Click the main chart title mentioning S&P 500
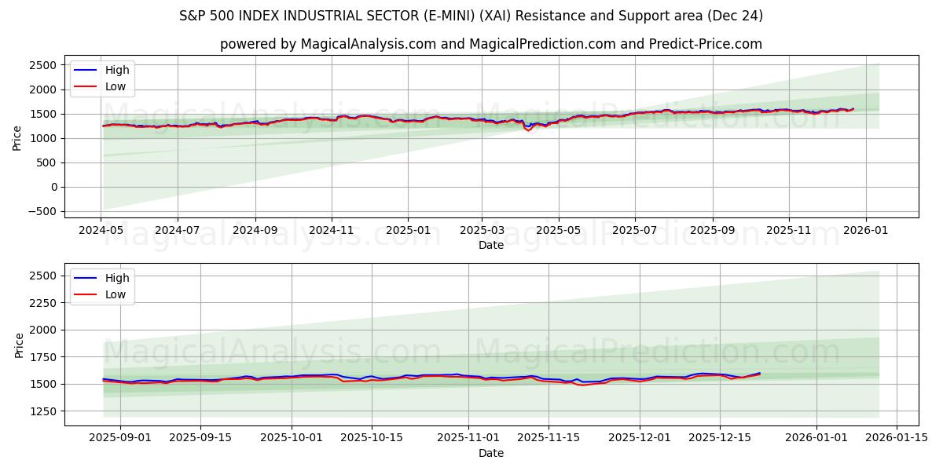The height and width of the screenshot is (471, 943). [471, 16]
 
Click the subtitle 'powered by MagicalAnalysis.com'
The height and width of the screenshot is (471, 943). [490, 44]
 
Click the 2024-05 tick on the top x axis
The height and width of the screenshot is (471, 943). [101, 231]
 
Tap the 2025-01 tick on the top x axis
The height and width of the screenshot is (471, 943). [407, 231]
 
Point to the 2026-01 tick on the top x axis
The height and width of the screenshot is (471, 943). [866, 231]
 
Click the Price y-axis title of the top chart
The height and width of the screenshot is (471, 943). [17, 137]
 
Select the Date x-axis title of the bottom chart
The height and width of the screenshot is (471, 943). [491, 453]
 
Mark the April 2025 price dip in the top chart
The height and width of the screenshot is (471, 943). [528, 130]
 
